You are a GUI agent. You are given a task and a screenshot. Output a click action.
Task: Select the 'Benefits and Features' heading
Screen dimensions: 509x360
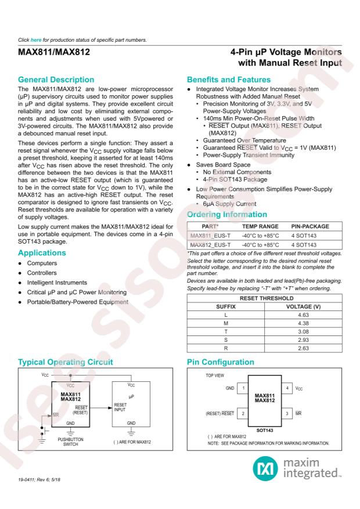[x=229, y=80]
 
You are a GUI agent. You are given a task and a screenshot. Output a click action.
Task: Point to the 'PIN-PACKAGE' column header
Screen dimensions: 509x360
[x=309, y=226]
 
